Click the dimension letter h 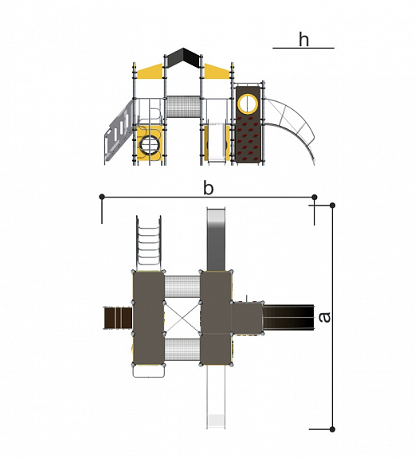[303, 40]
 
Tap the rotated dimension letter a [324, 318]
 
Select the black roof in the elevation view [183, 58]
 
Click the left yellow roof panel [150, 71]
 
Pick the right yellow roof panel [217, 71]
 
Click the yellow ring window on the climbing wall [248, 104]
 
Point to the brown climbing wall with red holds [248, 124]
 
